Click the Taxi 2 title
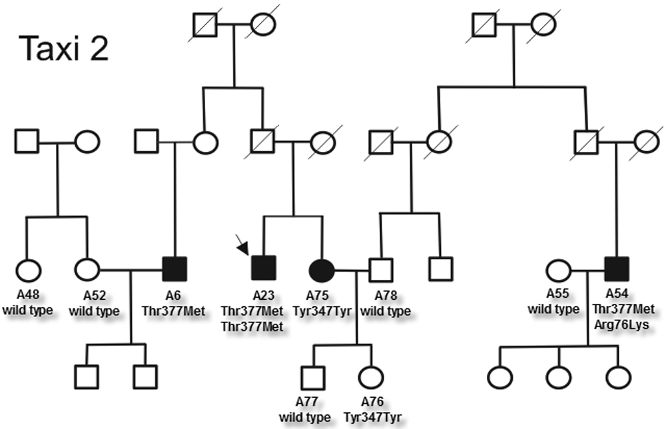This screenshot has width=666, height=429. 64,49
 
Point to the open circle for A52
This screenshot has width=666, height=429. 87,270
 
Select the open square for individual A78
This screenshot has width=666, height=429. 380,269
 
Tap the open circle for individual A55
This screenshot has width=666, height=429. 559,270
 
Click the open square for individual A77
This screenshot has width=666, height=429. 312,378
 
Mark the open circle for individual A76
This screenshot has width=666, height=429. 371,378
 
